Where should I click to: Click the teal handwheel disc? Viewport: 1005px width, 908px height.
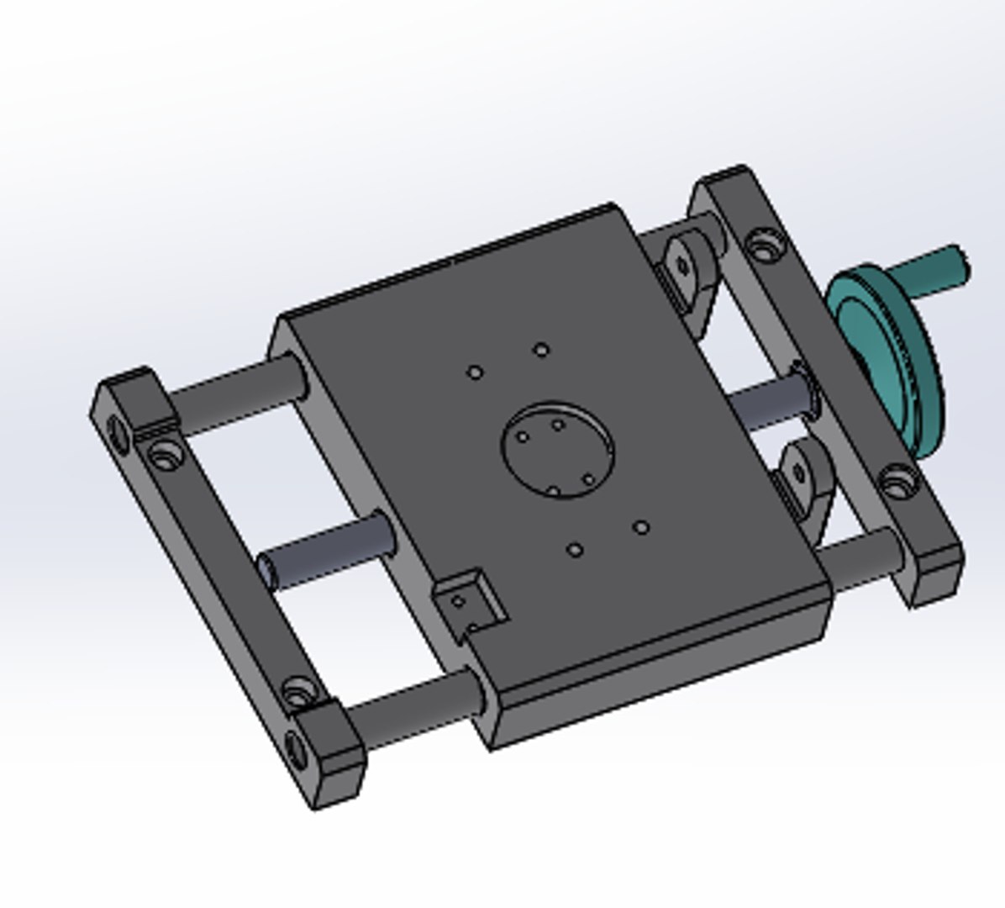point(882,353)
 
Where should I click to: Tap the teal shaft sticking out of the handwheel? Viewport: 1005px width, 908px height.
point(933,269)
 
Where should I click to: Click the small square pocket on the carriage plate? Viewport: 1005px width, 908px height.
point(471,599)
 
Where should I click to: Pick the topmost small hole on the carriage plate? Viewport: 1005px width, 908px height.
point(542,349)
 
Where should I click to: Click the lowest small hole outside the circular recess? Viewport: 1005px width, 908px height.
point(576,551)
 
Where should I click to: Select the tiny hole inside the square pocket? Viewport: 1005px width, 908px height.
point(458,601)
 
